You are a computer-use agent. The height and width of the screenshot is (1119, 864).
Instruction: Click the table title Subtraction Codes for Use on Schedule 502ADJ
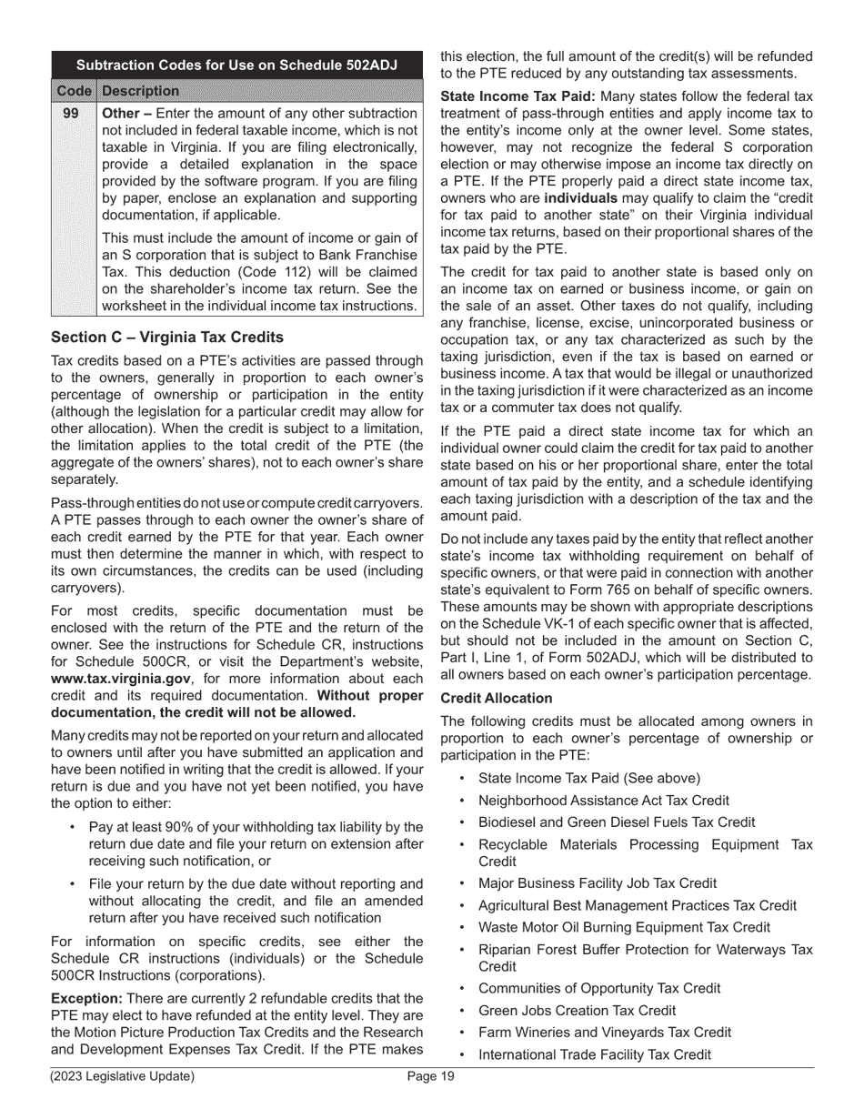click(236, 66)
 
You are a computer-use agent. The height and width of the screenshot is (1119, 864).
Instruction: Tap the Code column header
click(73, 91)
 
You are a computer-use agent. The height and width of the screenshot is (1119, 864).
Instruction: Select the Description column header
click(140, 91)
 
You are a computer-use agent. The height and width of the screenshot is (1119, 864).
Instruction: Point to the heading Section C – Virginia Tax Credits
click(166, 337)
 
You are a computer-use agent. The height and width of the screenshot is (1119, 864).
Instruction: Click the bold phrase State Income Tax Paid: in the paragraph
click(517, 96)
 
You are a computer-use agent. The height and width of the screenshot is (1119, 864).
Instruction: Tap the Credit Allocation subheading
click(496, 698)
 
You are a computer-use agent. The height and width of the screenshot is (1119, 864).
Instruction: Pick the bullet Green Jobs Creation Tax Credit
click(577, 1011)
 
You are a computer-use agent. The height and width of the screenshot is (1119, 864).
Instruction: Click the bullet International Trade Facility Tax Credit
click(594, 1054)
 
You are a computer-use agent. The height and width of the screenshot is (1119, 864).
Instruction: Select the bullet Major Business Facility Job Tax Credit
click(597, 883)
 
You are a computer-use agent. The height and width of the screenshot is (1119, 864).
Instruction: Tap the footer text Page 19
click(431, 1077)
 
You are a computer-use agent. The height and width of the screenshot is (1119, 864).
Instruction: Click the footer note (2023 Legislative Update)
click(122, 1077)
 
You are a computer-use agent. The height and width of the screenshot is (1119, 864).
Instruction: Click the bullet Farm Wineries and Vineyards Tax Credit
click(604, 1033)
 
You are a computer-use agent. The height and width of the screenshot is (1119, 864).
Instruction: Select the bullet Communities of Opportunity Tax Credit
click(598, 988)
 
